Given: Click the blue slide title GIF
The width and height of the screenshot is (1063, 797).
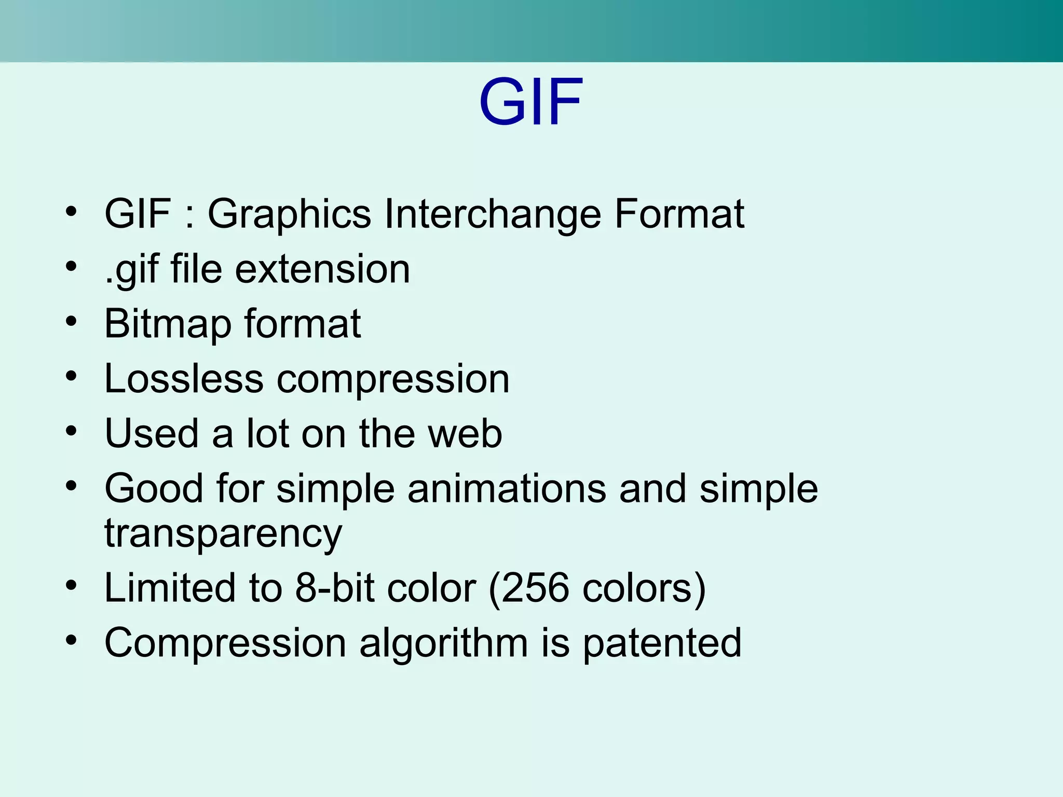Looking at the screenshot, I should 531,102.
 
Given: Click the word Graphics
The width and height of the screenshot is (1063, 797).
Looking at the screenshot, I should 289,214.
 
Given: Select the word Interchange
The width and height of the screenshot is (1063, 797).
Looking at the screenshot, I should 492,214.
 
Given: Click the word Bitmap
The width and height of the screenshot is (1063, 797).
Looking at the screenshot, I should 167,324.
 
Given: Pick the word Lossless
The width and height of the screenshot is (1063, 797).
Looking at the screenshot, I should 184,379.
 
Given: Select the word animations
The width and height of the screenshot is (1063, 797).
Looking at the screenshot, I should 507,489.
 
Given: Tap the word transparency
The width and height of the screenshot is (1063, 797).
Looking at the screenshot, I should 223,534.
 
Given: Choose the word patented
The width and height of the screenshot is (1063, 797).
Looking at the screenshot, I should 662,643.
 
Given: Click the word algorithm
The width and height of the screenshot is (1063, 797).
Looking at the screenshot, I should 443,643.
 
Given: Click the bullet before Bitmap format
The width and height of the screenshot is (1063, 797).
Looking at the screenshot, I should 71,321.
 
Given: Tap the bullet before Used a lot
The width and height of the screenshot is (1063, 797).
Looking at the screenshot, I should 71,431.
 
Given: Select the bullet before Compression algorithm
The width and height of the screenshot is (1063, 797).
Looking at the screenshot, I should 71,640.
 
